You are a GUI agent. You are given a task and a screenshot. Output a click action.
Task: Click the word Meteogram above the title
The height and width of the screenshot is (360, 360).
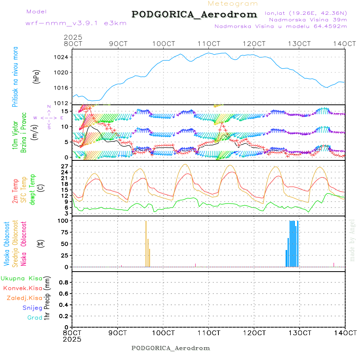[x=233, y=4]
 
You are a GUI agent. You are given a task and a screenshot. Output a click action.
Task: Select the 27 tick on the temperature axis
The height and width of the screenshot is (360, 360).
[x=64, y=166]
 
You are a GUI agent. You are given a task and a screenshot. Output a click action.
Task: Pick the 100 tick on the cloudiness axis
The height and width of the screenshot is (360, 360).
[x=63, y=221]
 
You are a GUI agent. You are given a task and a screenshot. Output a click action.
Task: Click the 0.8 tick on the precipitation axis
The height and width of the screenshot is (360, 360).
[x=63, y=282]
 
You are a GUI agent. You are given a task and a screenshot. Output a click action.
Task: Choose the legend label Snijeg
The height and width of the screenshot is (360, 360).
[x=32, y=308]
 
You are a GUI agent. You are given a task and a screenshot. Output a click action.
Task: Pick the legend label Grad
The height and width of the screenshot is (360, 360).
[x=35, y=318]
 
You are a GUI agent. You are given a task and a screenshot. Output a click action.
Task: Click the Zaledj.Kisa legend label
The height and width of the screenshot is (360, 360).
[x=24, y=298]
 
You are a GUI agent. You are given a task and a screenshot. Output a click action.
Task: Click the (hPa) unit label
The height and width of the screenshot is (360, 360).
[x=36, y=76]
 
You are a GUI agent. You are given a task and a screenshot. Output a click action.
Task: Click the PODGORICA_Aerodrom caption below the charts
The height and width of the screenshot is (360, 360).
[x=171, y=348]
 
